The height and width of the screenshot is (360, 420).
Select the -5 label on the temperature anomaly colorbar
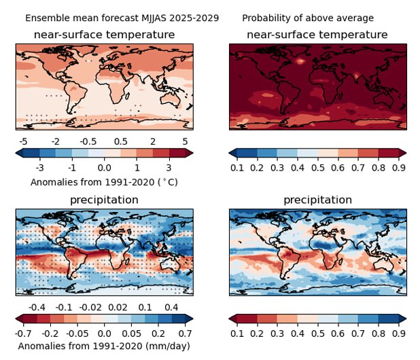(23, 141)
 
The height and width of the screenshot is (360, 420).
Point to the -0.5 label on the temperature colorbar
(88, 141)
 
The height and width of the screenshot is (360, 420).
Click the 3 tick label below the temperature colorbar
(168, 167)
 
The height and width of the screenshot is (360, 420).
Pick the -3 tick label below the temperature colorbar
(39, 167)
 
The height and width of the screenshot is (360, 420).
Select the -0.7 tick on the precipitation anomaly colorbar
(23, 334)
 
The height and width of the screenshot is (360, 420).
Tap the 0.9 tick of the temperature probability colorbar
(399, 167)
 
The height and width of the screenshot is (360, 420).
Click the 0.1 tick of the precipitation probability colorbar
(237, 334)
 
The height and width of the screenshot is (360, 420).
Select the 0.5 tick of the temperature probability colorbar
(318, 167)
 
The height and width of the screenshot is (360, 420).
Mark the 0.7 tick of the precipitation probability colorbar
(358, 334)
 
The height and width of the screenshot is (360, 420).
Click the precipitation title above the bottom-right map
(317, 200)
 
